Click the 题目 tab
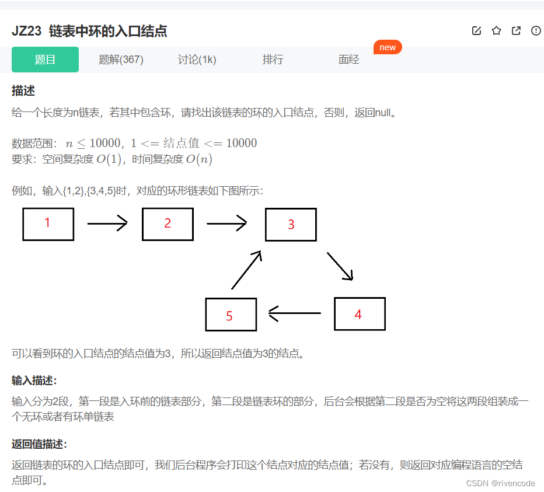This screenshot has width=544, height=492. pyautogui.click(x=45, y=60)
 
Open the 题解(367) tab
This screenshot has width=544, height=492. pyautogui.click(x=121, y=60)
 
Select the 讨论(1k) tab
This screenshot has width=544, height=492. pyautogui.click(x=197, y=60)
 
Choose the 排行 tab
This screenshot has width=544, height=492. pyautogui.click(x=273, y=60)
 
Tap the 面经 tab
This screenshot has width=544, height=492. pyautogui.click(x=348, y=60)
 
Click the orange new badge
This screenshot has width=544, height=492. pyautogui.click(x=388, y=47)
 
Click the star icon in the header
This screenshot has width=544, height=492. pyautogui.click(x=496, y=31)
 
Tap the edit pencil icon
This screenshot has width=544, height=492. pyautogui.click(x=476, y=31)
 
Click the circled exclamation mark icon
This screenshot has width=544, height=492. pyautogui.click(x=536, y=31)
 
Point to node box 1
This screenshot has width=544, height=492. pyautogui.click(x=48, y=224)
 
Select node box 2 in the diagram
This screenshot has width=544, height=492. pyautogui.click(x=168, y=224)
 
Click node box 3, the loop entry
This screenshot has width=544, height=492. pyautogui.click(x=291, y=225)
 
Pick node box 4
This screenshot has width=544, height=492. pyautogui.click(x=359, y=314)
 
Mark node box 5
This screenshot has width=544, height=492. pyautogui.click(x=231, y=315)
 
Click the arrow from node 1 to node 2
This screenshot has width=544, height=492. pyautogui.click(x=107, y=223)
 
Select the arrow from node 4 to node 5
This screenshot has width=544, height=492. pyautogui.click(x=295, y=313)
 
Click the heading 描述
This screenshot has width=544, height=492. pyautogui.click(x=23, y=91)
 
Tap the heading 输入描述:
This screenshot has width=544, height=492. pyautogui.click(x=34, y=381)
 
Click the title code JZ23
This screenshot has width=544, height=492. pyautogui.click(x=26, y=32)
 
